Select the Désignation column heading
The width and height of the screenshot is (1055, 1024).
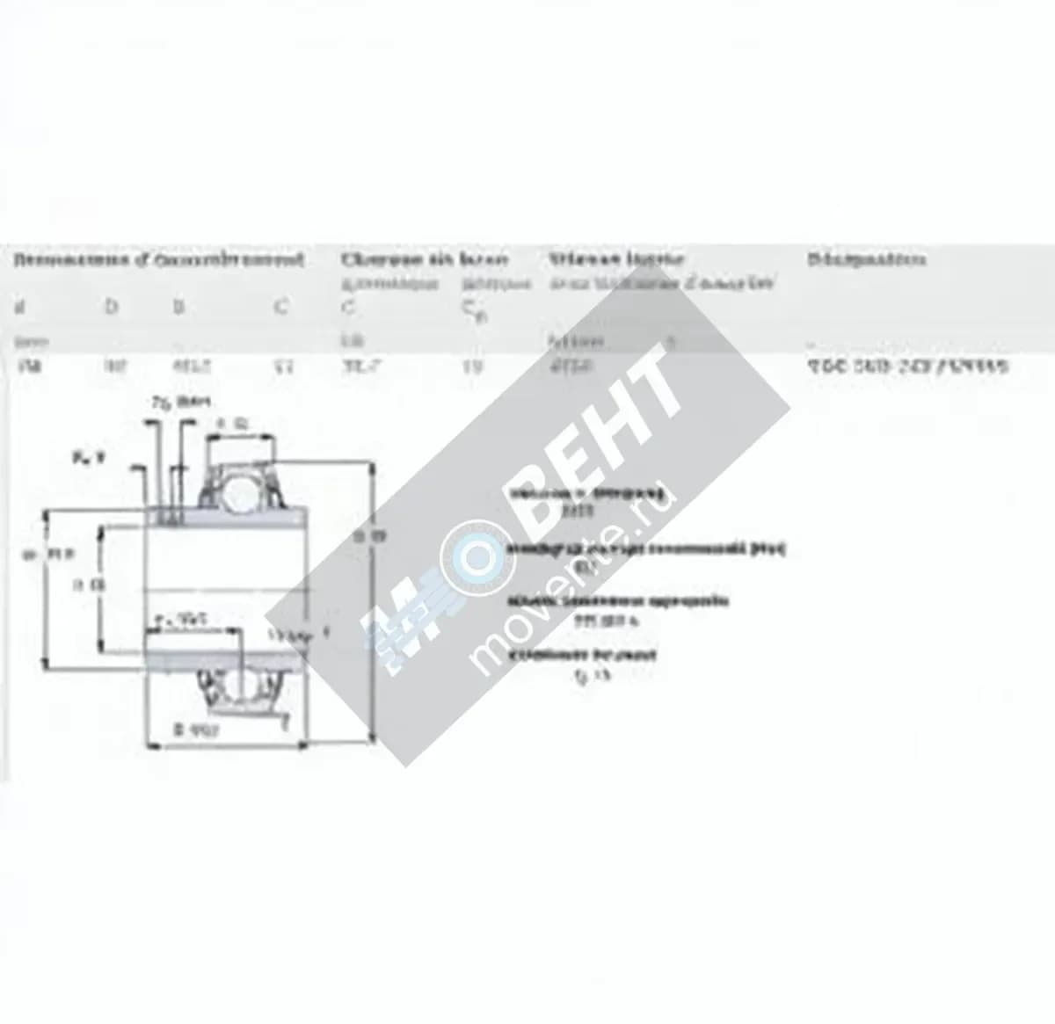[865, 259]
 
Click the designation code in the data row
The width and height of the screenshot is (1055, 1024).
[907, 366]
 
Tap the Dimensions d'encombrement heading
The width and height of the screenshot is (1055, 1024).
[159, 260]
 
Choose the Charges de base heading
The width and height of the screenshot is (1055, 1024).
[424, 259]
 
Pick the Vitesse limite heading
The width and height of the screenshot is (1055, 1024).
[616, 259]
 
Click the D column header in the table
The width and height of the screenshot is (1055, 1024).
[111, 307]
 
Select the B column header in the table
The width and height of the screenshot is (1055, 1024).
[178, 307]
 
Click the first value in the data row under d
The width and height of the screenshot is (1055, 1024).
[24, 366]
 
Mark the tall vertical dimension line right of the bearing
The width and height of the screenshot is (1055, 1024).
[376, 606]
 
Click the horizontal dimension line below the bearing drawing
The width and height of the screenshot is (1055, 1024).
[223, 747]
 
